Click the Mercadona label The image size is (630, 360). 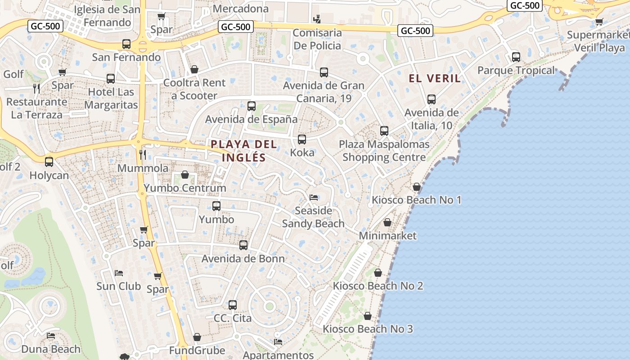[241, 9]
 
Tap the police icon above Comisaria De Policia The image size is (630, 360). [318, 19]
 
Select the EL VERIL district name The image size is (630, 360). [435, 78]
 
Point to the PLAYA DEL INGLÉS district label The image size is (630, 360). [243, 151]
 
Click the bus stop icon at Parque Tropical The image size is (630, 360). [516, 57]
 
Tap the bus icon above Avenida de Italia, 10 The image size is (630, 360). [432, 99]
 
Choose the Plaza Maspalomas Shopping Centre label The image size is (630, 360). [384, 151]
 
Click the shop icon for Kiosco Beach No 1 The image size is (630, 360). [417, 187]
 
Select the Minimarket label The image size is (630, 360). [388, 236]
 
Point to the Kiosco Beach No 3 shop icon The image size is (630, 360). [368, 316]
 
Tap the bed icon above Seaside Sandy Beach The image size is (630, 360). [314, 198]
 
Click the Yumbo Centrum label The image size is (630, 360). [185, 188]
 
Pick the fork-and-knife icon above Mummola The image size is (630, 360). [143, 155]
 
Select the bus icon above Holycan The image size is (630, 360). [49, 162]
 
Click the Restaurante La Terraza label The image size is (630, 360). [37, 108]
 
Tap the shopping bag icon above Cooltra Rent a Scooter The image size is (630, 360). [194, 69]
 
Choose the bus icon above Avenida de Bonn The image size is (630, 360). [243, 245]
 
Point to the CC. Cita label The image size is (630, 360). [233, 318]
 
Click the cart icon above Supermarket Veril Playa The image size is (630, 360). [599, 22]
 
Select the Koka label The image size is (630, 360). [302, 153]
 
